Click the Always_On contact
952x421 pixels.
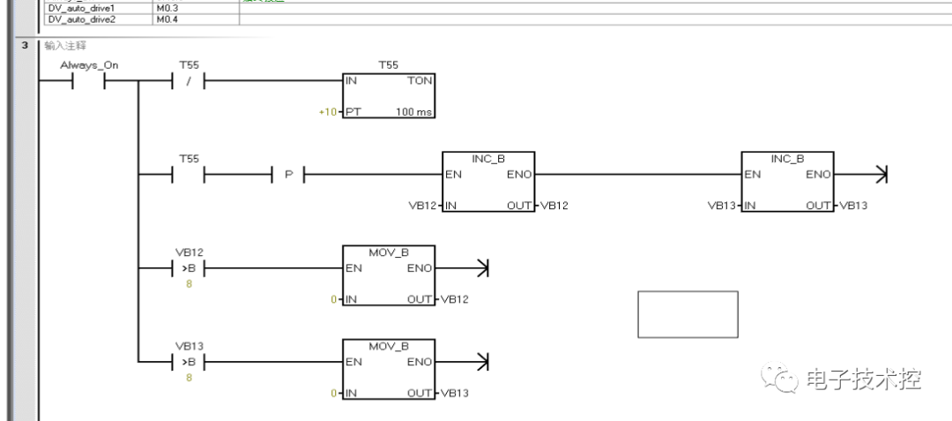coord(89,82)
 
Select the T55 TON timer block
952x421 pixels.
coord(388,95)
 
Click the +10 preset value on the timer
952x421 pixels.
coord(328,113)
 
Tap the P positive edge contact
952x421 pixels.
coord(288,175)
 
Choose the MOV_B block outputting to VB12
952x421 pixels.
coord(388,276)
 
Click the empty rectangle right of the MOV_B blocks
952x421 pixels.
coord(688,314)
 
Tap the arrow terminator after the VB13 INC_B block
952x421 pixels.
coord(879,175)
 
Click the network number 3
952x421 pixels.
coord(26,44)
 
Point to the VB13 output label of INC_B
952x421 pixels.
coord(854,206)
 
